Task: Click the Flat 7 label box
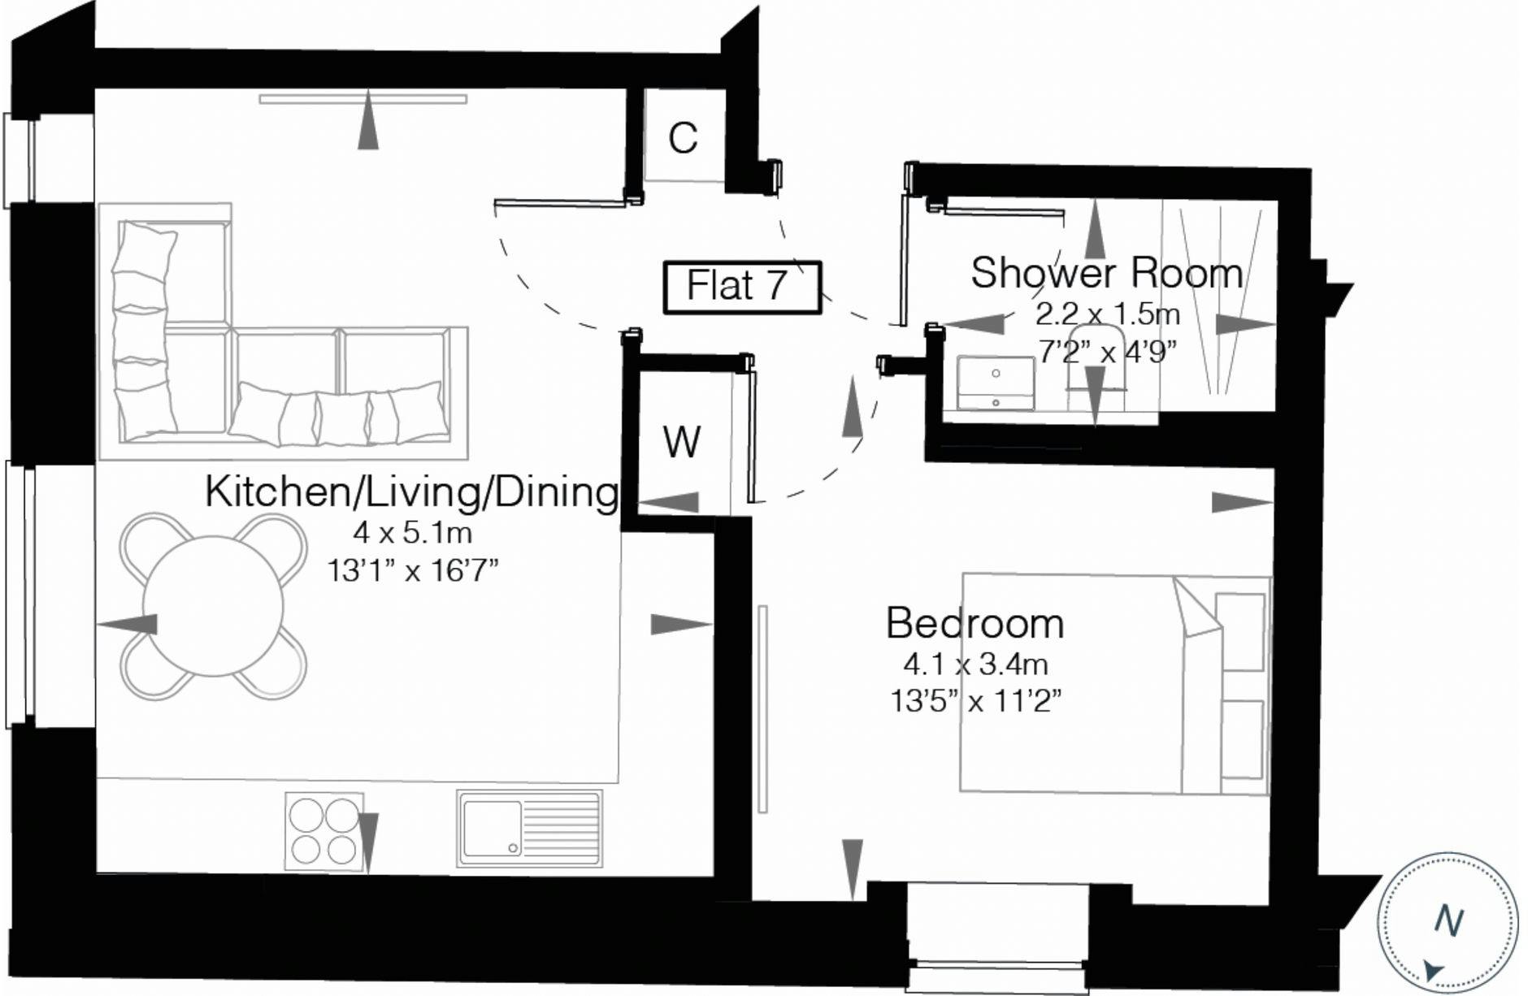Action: [x=742, y=287]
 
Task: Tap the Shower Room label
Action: [x=1106, y=273]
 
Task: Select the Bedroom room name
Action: [x=975, y=623]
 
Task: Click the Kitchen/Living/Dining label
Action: [x=411, y=492]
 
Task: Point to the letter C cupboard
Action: [x=683, y=138]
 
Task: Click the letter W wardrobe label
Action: [x=681, y=442]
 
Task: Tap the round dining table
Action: [x=213, y=606]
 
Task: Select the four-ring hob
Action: [x=323, y=829]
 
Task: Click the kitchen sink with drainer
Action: [x=529, y=828]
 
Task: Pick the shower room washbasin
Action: [x=996, y=383]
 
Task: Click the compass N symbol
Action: [x=1448, y=921]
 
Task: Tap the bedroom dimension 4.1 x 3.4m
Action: [x=975, y=665]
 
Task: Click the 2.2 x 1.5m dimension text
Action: [x=1107, y=314]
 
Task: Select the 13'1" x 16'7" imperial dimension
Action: [x=412, y=571]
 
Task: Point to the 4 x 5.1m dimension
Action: [x=412, y=533]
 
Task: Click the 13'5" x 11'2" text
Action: [x=976, y=700]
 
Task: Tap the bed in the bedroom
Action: [x=1115, y=683]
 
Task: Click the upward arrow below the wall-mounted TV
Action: [x=368, y=119]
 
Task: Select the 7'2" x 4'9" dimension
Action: [x=1108, y=352]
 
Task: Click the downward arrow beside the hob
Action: [x=368, y=842]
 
